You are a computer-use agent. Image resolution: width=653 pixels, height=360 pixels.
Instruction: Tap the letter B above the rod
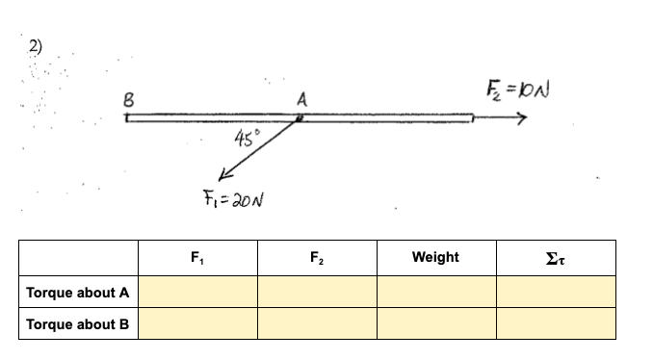point(126,98)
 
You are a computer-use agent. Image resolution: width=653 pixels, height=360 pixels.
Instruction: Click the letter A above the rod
point(301,99)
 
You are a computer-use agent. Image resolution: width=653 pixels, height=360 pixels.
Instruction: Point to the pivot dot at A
point(300,118)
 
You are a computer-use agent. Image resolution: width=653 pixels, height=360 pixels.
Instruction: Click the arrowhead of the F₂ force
point(521,119)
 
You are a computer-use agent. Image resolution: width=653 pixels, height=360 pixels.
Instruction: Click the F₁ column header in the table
point(196,257)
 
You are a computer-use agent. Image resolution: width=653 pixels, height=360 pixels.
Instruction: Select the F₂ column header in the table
point(316,257)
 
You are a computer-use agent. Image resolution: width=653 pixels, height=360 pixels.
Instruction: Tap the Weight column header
point(435,257)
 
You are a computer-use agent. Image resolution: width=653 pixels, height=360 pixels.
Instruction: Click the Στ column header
point(555,257)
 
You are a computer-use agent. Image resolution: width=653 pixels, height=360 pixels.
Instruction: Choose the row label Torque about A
point(78,292)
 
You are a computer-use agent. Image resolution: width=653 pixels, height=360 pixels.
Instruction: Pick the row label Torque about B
point(78,323)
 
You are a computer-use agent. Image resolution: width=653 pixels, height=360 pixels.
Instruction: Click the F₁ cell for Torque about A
point(196,292)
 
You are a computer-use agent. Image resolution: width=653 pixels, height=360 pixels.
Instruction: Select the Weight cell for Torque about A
point(435,292)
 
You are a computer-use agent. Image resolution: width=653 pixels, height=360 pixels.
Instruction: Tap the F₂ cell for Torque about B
point(316,323)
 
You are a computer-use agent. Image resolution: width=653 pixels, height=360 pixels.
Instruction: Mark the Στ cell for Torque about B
point(555,323)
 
